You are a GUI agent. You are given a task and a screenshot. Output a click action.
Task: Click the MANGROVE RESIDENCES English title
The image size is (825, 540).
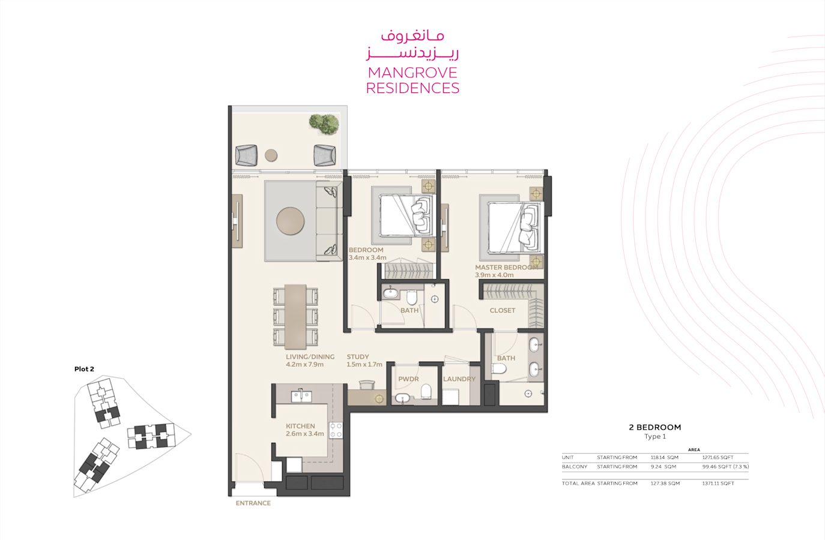pos(412,80)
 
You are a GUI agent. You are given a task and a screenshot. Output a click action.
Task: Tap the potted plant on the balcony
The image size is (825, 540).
pos(324,124)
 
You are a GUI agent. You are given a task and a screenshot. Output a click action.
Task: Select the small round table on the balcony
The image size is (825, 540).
pos(271,155)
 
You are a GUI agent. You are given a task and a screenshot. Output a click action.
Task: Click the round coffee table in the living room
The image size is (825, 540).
pos(290,221)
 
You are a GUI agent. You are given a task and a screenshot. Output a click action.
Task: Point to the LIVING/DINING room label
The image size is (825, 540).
pos(310,356)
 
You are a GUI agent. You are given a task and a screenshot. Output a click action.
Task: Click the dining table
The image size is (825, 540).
pos(295,317)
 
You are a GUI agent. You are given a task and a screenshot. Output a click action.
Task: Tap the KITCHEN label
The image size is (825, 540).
pos(300,426)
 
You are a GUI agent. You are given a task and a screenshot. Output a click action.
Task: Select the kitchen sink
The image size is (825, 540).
pos(301,396)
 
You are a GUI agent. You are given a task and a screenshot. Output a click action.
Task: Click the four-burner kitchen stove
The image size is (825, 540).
pos(336,430)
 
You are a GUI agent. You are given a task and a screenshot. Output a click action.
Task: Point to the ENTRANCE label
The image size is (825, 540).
pos(253,503)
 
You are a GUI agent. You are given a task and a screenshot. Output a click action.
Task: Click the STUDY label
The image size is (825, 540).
pos(358,356)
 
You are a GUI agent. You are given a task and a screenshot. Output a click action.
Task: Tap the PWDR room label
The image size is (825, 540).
pos(408,379)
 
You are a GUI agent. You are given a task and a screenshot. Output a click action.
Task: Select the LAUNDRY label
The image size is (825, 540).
pos(459,379)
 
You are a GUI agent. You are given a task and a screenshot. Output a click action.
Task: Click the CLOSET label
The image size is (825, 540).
pos(503,310)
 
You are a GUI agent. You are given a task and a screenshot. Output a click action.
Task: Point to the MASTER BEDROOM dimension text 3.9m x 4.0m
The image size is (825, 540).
pos(494,275)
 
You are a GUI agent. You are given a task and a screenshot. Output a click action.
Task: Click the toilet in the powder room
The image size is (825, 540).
pos(426,391)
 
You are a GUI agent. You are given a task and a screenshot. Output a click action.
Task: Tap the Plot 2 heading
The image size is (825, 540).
pos(84,369)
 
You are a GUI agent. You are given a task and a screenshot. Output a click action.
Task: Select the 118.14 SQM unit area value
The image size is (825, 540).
pos(665,458)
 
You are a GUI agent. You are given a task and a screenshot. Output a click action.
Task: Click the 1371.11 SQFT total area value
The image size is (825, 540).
pos(718,484)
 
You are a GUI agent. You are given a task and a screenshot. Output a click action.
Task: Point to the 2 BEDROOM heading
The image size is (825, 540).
pos(655,427)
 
